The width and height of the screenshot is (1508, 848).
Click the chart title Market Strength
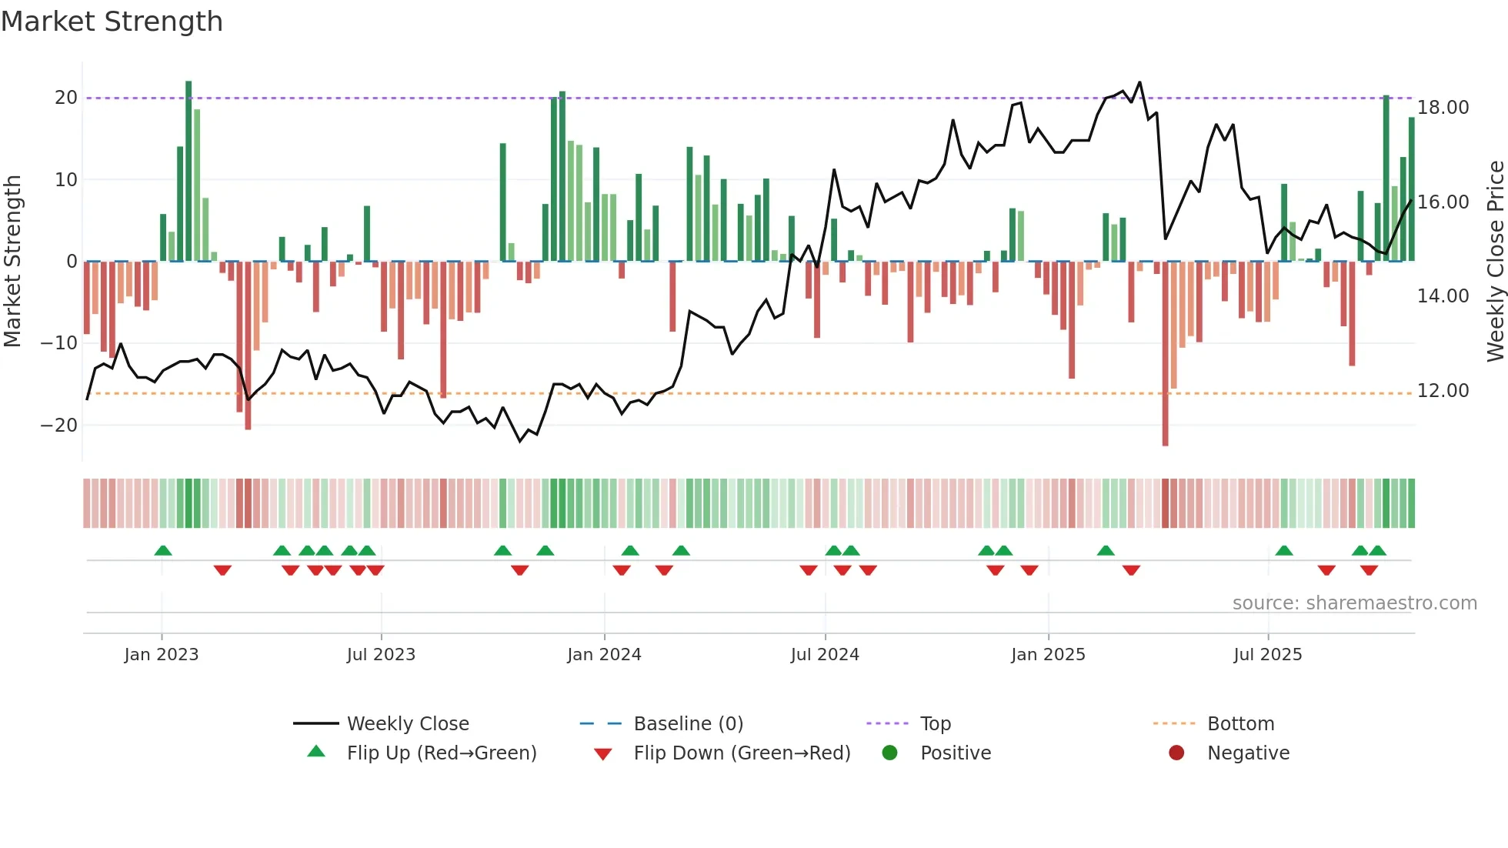point(112,22)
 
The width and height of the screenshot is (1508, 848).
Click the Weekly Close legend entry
point(407,724)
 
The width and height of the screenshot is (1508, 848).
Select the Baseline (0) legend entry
point(688,724)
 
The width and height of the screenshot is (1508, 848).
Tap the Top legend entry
point(935,724)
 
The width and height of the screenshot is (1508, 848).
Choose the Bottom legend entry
point(1240,724)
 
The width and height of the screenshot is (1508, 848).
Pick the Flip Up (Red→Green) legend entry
point(441,753)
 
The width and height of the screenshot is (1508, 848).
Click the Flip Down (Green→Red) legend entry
point(741,753)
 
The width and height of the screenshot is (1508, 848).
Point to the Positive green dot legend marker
point(890,753)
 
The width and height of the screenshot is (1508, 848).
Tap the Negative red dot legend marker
point(1176,753)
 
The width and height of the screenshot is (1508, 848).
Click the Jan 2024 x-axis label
point(604,655)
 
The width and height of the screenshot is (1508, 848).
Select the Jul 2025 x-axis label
point(1267,655)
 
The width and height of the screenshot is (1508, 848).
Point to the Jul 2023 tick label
point(381,655)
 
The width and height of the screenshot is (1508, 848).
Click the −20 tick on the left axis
point(59,426)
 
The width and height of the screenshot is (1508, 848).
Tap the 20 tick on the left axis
point(66,98)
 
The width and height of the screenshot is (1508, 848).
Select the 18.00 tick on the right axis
point(1443,108)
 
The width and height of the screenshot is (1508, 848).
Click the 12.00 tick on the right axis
point(1443,391)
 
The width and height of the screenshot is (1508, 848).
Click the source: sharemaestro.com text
point(1354,603)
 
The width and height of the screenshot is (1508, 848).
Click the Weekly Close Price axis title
point(1495,262)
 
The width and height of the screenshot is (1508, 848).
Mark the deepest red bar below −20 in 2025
point(1165,354)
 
